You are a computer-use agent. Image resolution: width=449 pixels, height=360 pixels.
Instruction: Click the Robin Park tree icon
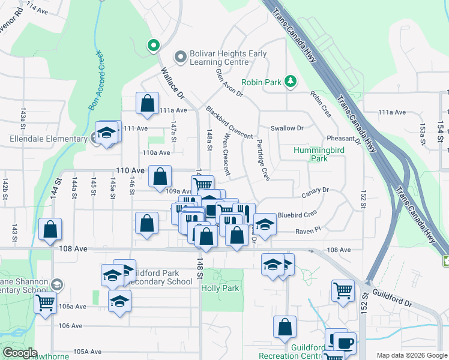point(290,81)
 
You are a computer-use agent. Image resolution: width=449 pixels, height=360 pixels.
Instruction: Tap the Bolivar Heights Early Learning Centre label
point(229,58)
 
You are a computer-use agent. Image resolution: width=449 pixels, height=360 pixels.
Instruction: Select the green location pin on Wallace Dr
point(153,45)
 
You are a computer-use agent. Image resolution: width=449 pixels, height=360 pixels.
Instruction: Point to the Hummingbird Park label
point(311,155)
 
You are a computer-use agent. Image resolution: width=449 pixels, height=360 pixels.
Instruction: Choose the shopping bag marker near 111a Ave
point(147,103)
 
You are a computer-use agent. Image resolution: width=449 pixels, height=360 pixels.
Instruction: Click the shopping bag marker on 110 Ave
point(160,176)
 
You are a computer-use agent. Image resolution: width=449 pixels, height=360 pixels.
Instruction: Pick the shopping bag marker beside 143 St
point(50,229)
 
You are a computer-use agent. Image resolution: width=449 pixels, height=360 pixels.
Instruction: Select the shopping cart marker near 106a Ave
point(45,303)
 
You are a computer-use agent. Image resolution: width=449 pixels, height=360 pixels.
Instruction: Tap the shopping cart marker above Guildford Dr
point(342,290)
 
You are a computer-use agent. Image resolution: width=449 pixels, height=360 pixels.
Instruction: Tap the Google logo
point(20,353)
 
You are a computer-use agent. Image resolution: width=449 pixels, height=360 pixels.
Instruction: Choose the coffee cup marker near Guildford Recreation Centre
point(345,343)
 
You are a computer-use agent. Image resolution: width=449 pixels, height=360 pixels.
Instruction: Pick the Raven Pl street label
point(309,230)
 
